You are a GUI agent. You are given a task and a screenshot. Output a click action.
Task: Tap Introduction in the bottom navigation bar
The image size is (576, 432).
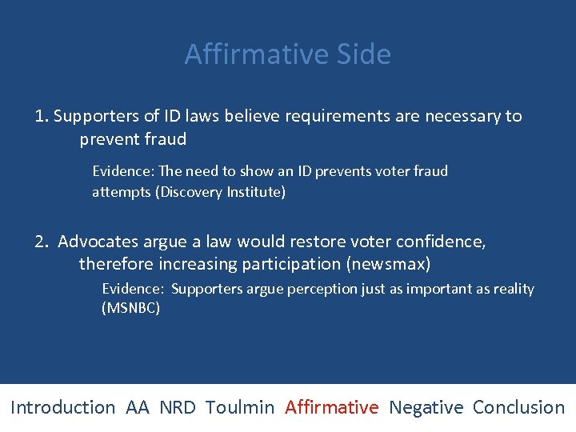point(62,407)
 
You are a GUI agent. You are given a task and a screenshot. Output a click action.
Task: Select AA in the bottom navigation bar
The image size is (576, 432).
point(138,407)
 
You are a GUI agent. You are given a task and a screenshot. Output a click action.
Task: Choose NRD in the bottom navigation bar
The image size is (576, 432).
point(177,407)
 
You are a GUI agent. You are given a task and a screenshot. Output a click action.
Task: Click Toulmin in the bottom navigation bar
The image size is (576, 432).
point(239,407)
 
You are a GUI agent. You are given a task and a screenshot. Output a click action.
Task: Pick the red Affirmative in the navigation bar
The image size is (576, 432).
point(331,407)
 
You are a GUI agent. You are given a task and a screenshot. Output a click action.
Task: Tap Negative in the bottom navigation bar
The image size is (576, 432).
point(426,407)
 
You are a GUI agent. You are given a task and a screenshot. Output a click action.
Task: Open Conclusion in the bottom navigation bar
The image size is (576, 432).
point(518,407)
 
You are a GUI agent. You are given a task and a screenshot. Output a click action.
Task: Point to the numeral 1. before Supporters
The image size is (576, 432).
point(42,116)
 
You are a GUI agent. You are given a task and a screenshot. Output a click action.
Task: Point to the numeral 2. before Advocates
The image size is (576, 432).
point(42,241)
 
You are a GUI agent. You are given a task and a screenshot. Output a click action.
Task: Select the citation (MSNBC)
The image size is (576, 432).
point(130,307)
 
